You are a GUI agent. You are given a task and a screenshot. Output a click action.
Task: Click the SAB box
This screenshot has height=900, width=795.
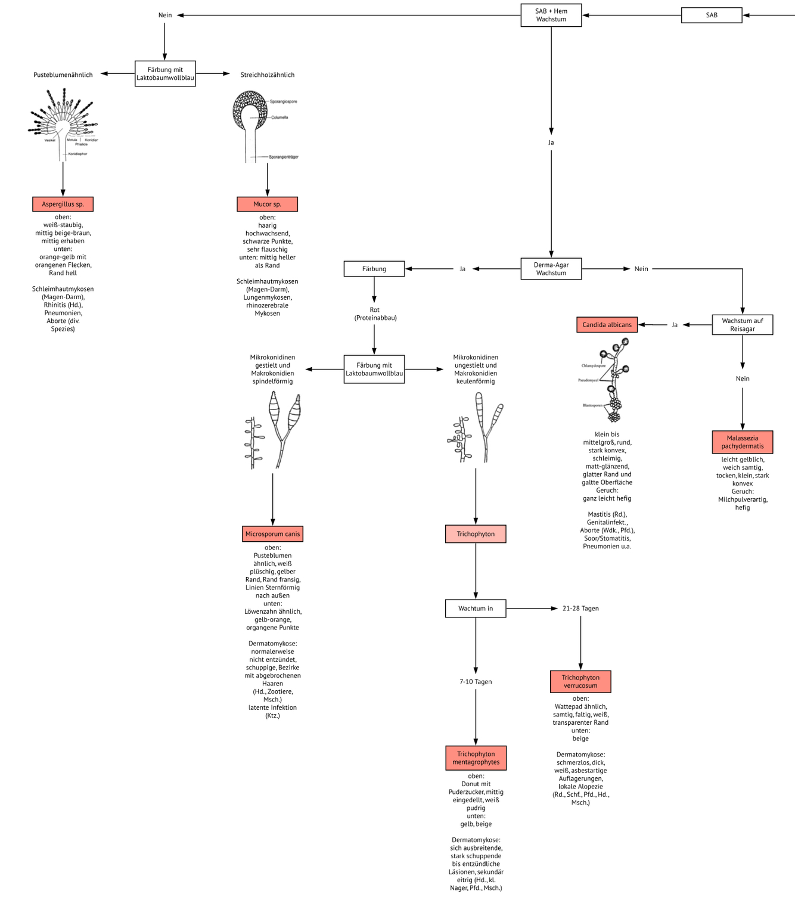pyautogui.click(x=711, y=15)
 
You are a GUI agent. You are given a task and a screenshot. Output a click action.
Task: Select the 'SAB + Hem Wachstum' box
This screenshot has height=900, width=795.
pyautogui.click(x=551, y=15)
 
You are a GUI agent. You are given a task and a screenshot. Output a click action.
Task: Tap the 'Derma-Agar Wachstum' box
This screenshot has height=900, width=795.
pyautogui.click(x=551, y=269)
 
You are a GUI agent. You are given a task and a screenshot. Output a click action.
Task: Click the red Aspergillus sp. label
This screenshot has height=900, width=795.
pyautogui.click(x=63, y=204)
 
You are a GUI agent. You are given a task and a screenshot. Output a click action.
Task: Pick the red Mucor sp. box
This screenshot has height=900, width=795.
pyautogui.click(x=267, y=204)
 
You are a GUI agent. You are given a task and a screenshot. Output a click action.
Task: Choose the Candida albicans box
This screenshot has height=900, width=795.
pyautogui.click(x=607, y=325)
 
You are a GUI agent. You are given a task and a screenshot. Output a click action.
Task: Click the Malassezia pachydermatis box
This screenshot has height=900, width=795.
pyautogui.click(x=742, y=442)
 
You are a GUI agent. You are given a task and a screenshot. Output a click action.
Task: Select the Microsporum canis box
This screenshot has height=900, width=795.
pyautogui.click(x=272, y=534)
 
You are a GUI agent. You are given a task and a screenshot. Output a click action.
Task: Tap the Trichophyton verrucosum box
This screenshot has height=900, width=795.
pyautogui.click(x=580, y=682)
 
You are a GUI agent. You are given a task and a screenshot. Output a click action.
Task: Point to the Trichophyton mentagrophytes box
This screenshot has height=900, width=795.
pyautogui.click(x=476, y=758)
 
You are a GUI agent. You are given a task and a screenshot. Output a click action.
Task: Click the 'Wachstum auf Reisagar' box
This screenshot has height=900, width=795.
pyautogui.click(x=742, y=325)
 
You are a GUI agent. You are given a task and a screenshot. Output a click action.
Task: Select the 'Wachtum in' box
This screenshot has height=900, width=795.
pyautogui.click(x=476, y=609)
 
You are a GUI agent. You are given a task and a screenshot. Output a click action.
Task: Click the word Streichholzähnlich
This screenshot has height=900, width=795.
pyautogui.click(x=267, y=75)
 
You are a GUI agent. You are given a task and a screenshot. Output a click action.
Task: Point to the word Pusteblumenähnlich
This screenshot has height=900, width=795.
pyautogui.click(x=63, y=75)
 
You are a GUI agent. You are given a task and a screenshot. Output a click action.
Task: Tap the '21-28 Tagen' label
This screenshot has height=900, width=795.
pyautogui.click(x=580, y=609)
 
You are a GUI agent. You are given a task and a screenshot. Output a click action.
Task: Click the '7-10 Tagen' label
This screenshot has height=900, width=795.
pyautogui.click(x=476, y=682)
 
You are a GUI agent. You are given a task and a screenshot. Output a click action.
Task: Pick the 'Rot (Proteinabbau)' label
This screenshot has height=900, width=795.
pyautogui.click(x=375, y=314)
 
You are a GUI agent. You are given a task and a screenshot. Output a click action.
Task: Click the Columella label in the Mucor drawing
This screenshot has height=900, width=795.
pyautogui.click(x=280, y=117)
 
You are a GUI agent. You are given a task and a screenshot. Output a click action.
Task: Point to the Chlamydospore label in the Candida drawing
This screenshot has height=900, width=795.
pyautogui.click(x=593, y=365)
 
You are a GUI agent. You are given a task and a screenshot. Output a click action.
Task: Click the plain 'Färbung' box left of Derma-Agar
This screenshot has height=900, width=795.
pyautogui.click(x=374, y=269)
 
